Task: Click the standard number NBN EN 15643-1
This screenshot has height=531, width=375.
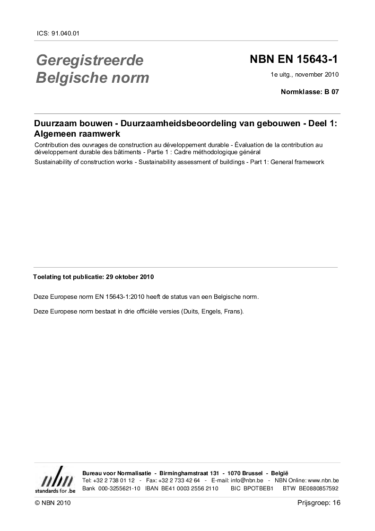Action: pyautogui.click(x=294, y=60)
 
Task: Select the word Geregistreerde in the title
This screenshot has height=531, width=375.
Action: pyautogui.click(x=89, y=61)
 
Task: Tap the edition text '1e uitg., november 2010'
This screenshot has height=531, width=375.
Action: pyautogui.click(x=305, y=74)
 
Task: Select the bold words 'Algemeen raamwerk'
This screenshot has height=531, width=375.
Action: pyautogui.click(x=77, y=134)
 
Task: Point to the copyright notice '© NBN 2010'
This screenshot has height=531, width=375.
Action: pyautogui.click(x=52, y=503)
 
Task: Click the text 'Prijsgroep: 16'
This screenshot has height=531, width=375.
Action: pyautogui.click(x=319, y=503)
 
